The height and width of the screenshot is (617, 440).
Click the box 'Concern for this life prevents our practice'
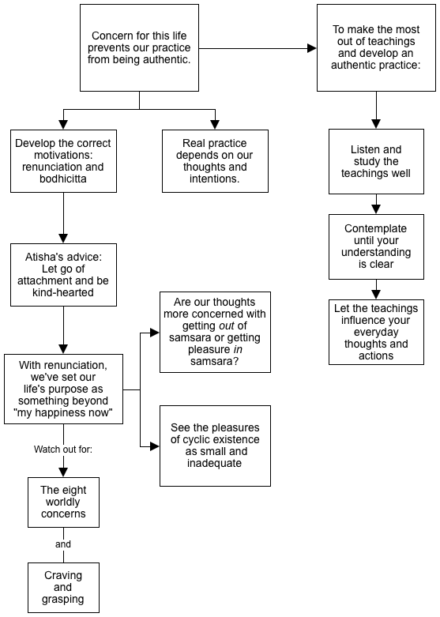coord(139,48)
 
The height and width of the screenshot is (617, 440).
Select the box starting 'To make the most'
coord(376,48)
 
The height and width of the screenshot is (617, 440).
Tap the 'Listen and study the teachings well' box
coord(376,161)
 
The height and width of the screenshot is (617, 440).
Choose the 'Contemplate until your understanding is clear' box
coord(376,246)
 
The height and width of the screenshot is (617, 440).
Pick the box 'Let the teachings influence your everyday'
coord(376,332)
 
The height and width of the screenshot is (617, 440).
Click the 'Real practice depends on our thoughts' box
coord(216,161)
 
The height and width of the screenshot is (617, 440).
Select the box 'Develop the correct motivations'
coord(63,161)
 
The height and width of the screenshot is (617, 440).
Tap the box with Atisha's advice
coord(63,275)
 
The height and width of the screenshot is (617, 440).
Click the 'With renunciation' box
coord(63,389)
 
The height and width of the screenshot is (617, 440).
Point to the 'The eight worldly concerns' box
coord(63,502)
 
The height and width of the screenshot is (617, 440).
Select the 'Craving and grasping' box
coord(63,588)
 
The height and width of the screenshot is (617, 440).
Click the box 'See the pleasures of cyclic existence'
coord(216,446)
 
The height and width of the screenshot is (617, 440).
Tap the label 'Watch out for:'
coord(63,450)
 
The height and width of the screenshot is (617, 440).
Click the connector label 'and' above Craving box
coord(63,544)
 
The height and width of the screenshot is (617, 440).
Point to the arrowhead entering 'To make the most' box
coord(312,48)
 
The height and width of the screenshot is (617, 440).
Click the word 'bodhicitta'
coord(63,179)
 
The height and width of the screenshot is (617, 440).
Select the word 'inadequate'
coord(215,463)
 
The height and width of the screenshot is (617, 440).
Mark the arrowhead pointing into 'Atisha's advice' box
coord(63,239)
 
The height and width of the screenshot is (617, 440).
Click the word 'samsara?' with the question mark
coord(215,361)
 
